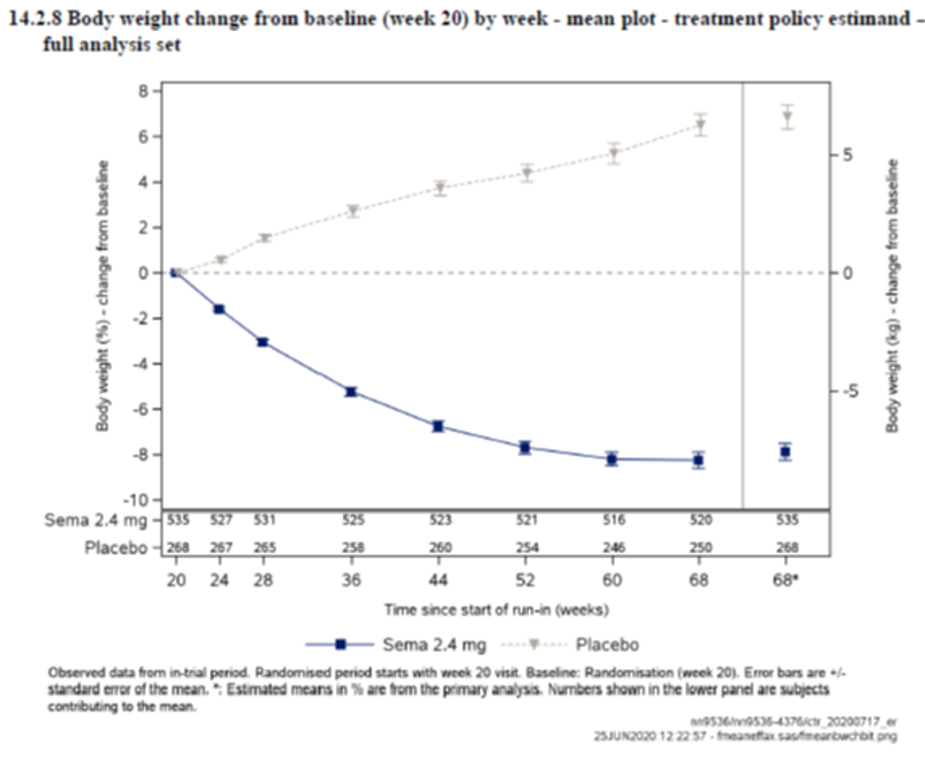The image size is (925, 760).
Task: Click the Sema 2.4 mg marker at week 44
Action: coord(438,426)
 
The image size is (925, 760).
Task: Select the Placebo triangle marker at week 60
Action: coord(614,154)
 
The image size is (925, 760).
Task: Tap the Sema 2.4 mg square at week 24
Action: coord(219,309)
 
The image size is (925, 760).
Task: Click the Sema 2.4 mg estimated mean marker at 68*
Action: coord(785,452)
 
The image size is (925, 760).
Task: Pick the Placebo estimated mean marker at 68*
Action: coord(787,117)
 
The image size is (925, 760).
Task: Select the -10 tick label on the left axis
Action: coord(137,500)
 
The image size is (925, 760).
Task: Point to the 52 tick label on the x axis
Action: coord(525,581)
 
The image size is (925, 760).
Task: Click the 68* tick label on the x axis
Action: coord(786,581)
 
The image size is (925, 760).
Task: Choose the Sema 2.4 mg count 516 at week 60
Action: coord(614,520)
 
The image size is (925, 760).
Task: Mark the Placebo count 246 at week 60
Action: coord(614,547)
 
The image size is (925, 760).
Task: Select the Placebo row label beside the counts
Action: coord(116,548)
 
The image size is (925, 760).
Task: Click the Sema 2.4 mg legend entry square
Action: coord(340,644)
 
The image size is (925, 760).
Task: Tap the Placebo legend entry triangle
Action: coord(534,644)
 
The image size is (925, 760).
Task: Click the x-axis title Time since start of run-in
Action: coord(496,610)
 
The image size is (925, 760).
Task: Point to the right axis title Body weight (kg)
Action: coord(892,296)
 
